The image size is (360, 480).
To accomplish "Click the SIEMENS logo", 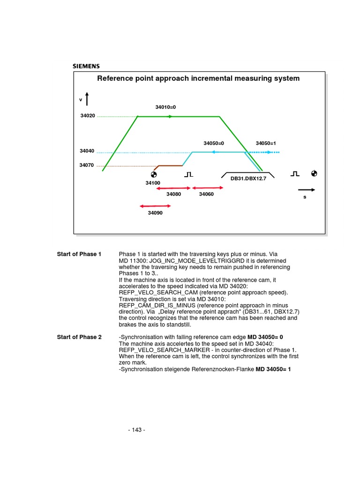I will coord(86,66).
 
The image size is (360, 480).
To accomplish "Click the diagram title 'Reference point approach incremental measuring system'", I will coord(198,78).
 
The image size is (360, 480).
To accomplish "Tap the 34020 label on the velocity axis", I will coord(88,115).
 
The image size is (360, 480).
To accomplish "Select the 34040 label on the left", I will coord(87,151).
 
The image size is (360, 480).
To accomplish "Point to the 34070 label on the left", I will coord(87,165).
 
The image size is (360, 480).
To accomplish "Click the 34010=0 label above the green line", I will coord(165,107).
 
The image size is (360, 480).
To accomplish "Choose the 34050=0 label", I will coord(214,143).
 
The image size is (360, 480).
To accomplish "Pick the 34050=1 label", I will coord(266,143).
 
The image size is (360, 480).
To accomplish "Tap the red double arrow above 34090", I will coord(155,206).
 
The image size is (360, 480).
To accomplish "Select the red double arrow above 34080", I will coord(173,188).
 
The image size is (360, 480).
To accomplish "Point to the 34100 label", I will coord(153,182).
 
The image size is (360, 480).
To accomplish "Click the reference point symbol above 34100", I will coord(153,174).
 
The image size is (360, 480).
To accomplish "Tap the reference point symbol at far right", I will coord(314,174).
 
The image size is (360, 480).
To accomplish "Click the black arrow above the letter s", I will coord(307,190).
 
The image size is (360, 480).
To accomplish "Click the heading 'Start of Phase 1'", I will coord(79,254).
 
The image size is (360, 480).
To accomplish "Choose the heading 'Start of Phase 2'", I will coord(79,337).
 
